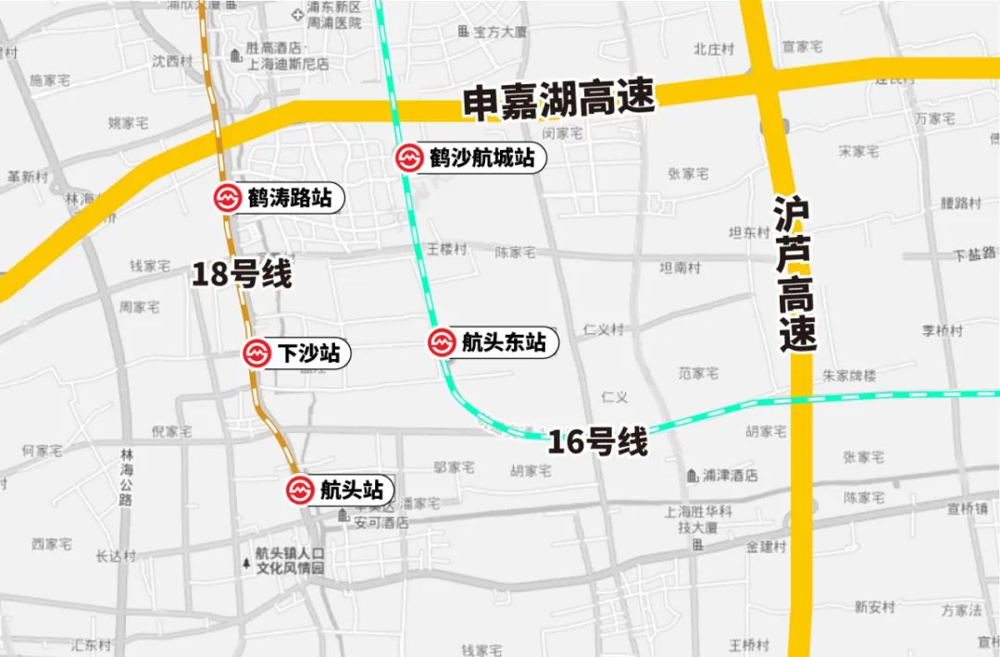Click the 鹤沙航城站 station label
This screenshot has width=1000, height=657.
point(481,158)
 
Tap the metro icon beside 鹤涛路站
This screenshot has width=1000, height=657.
point(228,198)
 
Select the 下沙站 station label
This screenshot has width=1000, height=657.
point(308,353)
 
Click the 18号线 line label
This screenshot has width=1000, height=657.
point(242,275)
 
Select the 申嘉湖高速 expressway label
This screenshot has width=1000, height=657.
point(559,99)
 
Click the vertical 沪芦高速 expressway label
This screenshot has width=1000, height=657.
point(795,274)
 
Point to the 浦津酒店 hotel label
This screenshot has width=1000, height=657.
point(730,476)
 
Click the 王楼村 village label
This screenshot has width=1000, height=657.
point(446,250)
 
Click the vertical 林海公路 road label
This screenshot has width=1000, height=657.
point(126,477)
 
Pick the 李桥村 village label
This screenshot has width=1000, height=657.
point(943,330)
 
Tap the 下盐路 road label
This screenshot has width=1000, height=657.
point(976,254)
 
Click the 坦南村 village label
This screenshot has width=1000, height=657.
point(680,268)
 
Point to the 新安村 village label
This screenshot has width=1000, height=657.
point(875,607)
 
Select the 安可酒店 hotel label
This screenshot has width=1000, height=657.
point(381,523)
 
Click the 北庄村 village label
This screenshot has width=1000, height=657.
point(714,49)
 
